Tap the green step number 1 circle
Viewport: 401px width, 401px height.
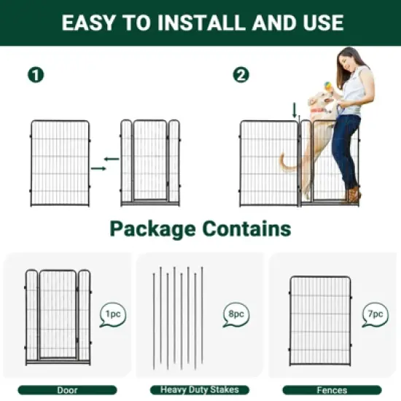(x=35, y=74)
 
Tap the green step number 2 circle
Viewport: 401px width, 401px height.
(x=241, y=74)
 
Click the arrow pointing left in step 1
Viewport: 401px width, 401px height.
(x=112, y=158)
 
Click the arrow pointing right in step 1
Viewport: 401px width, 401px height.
(x=98, y=168)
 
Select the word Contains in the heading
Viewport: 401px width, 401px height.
(x=249, y=229)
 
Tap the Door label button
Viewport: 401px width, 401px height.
(x=68, y=390)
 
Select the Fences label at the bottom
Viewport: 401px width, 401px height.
(x=332, y=390)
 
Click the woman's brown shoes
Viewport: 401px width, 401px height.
(x=354, y=195)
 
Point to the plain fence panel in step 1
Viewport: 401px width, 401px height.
(x=60, y=163)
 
